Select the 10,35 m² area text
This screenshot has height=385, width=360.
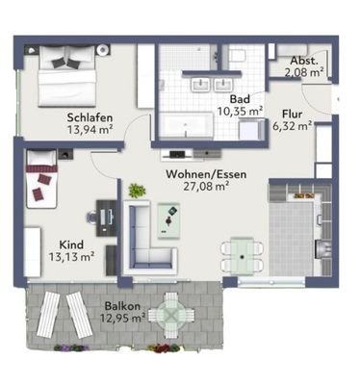[x=241, y=112]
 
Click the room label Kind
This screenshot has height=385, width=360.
[x=71, y=244]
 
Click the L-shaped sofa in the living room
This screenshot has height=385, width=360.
[x=144, y=236]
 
